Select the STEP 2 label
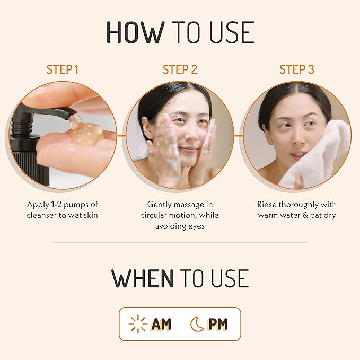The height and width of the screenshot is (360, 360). tap(180, 69)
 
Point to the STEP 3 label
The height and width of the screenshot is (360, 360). tap(297, 69)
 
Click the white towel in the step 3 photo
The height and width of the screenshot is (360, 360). tap(318, 159)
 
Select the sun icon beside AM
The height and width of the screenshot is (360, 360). tap(138, 324)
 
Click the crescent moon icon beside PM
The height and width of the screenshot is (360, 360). tap(197, 324)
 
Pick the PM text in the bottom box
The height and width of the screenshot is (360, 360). tap(217, 324)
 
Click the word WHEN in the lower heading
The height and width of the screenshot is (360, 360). tap(142, 278)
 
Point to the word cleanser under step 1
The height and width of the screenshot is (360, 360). tap(44, 215)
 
